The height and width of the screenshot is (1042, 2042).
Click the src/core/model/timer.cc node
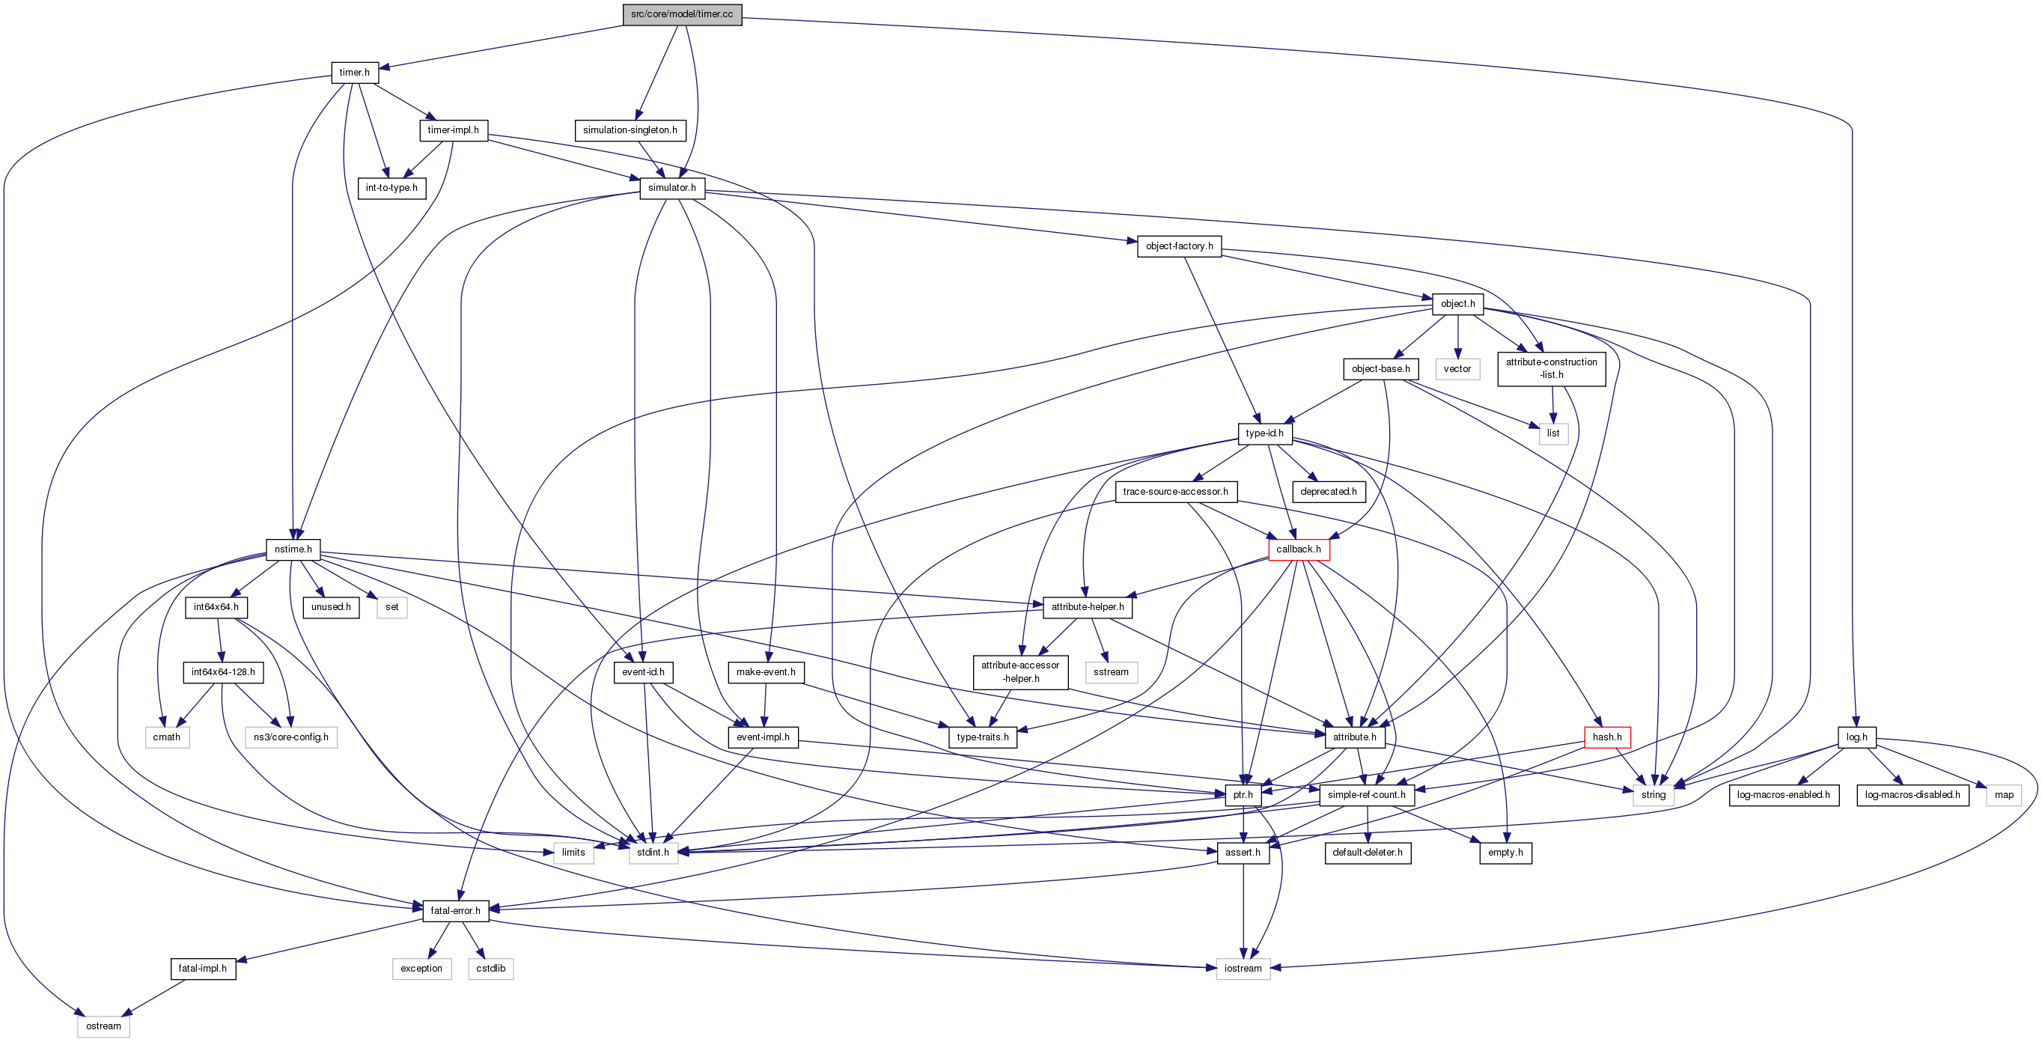coord(682,14)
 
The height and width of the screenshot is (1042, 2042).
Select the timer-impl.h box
coord(453,130)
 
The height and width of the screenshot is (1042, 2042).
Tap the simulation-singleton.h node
coord(630,130)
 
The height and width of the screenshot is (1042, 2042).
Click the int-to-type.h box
coord(391,188)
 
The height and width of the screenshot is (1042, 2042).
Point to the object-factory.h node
coord(1179,246)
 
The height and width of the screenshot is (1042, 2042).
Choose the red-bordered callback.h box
coord(1299,549)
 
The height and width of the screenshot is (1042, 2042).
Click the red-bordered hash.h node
coord(1607,737)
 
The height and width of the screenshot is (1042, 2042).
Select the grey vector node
coord(1457,369)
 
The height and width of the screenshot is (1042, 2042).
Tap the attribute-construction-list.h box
coord(1551,369)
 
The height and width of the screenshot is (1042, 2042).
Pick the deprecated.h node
coord(1329,492)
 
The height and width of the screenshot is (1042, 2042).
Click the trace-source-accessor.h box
coord(1176,492)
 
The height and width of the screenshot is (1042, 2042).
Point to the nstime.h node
coord(293,549)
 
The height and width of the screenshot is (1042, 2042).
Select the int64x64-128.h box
coord(223,672)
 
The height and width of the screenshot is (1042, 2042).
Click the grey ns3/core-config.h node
coord(291,737)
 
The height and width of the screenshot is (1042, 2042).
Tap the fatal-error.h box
coord(455,910)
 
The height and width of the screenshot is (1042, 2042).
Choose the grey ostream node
coord(103,1026)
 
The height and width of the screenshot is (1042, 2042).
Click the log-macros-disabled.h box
coord(1912,794)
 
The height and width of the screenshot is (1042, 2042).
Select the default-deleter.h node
coord(1368,853)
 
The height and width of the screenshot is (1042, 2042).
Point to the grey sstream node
coord(1111,672)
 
